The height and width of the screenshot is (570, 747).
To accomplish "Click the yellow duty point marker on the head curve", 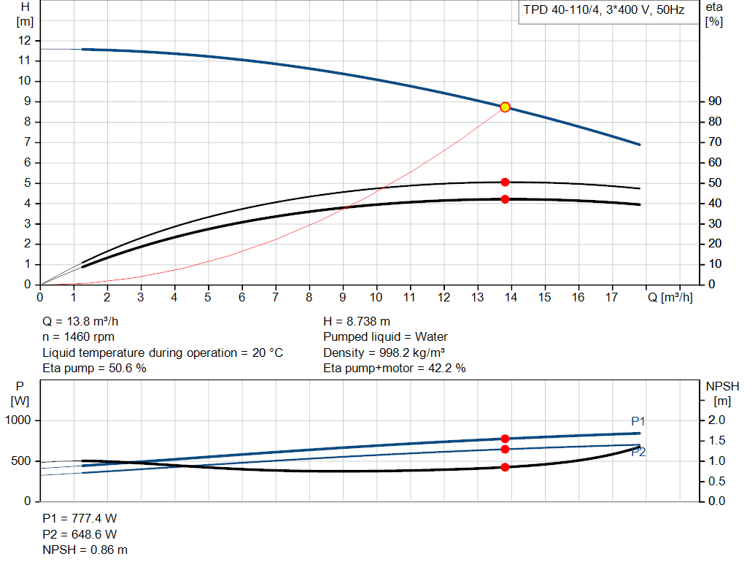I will point(505,107).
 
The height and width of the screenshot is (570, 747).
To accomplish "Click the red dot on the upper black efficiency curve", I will point(505,182).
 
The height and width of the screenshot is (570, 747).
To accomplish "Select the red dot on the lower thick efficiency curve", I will point(505,199).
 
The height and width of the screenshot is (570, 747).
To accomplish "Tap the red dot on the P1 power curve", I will point(505,439).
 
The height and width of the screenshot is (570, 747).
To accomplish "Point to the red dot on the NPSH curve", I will point(505,467).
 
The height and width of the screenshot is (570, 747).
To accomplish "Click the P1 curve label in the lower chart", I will point(638,421).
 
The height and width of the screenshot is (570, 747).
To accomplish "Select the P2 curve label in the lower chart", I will point(638,452).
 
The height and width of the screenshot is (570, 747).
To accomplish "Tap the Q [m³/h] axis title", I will point(669,297).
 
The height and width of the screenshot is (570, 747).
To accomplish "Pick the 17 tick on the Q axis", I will point(612,297).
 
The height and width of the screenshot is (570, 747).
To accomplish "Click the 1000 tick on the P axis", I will point(19,420).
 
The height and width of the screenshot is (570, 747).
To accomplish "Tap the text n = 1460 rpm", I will point(79,337).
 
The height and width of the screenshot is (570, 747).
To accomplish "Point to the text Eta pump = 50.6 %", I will point(95,369).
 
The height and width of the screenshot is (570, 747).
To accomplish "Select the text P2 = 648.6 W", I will point(80,534).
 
